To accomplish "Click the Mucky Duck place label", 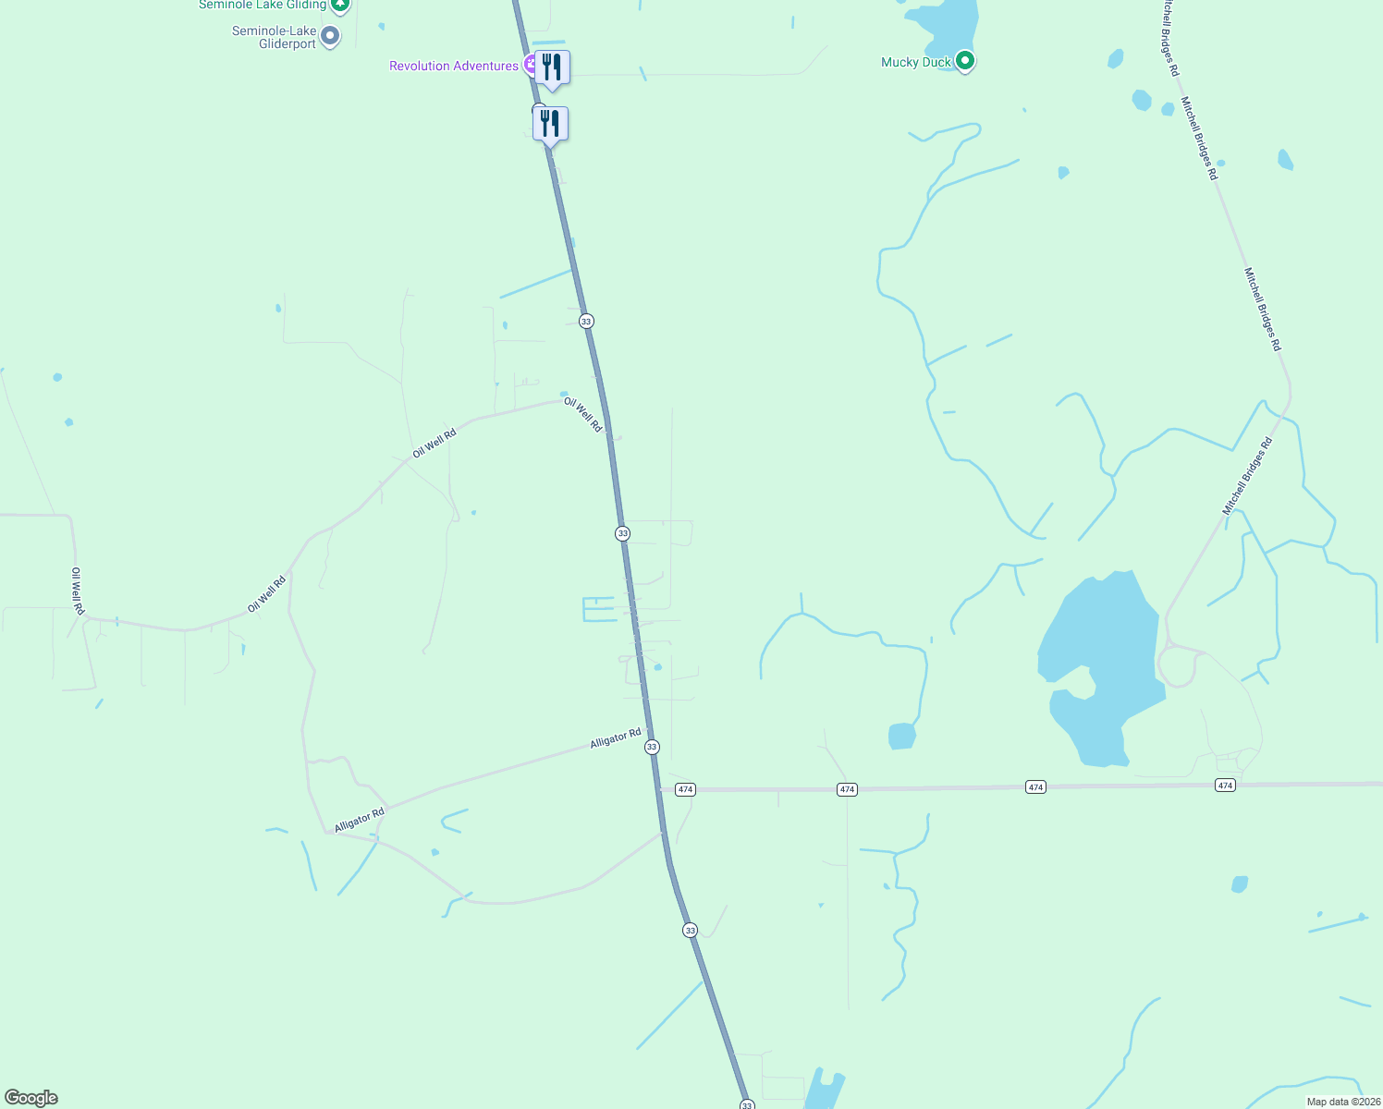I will click(x=915, y=63).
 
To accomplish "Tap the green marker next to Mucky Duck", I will click(x=965, y=61).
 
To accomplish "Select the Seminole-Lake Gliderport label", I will click(x=274, y=37).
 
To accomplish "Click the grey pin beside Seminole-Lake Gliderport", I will click(x=330, y=36).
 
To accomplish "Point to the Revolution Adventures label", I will click(x=453, y=66).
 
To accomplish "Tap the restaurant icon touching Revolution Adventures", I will click(x=552, y=67).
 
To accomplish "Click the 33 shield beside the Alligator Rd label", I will click(x=653, y=747).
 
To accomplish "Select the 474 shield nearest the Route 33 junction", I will click(x=685, y=789).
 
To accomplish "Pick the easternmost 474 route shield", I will click(x=1225, y=786).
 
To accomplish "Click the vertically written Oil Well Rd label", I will click(x=78, y=591).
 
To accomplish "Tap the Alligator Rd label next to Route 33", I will click(x=616, y=738).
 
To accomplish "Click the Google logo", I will click(x=31, y=1098).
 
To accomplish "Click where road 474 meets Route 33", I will click(x=660, y=790).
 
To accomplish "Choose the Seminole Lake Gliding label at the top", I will click(x=263, y=5).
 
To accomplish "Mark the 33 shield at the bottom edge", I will click(x=747, y=1104).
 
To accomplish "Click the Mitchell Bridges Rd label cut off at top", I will click(x=1170, y=37).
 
